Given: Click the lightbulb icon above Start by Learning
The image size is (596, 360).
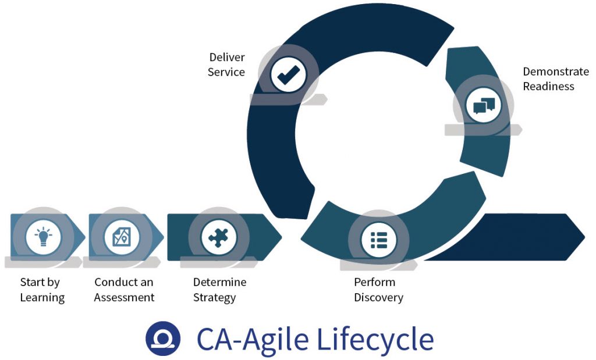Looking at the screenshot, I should tap(43, 237).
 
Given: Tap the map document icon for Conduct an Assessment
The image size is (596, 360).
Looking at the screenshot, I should tap(122, 237).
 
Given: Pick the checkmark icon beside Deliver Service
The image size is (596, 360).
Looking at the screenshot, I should tap(288, 75).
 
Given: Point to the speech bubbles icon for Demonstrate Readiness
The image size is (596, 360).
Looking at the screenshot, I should tap(484, 105).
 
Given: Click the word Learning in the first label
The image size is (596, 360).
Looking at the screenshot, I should tap(42, 298).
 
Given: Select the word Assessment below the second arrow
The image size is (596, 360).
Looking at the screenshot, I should tap(125, 298).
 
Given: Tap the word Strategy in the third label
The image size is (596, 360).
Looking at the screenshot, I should tap(214, 298).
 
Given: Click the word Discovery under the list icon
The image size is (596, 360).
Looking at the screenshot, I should tap(378, 298).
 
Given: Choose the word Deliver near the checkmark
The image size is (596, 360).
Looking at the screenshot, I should tap(227, 57).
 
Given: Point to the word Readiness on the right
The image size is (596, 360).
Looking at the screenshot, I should tap(548, 87).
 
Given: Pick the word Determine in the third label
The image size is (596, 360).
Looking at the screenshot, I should tap(219, 282).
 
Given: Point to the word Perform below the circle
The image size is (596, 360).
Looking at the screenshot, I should tap(374, 282).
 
